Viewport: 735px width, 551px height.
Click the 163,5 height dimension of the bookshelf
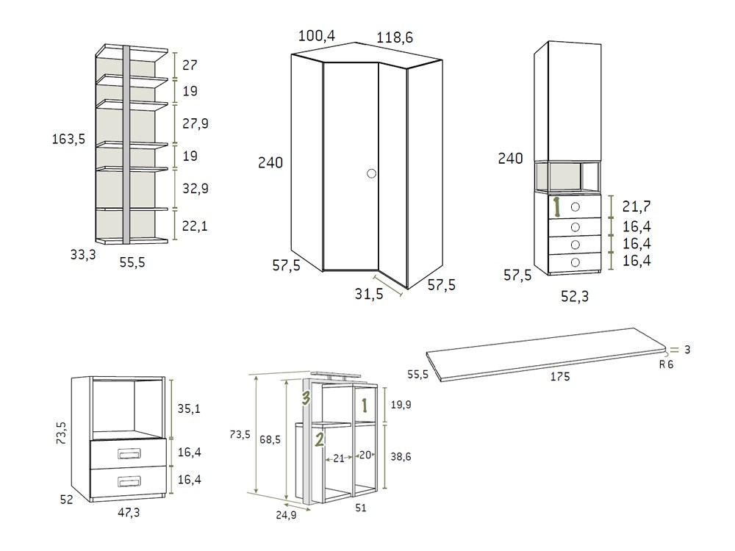point(68,138)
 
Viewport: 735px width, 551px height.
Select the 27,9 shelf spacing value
point(195,123)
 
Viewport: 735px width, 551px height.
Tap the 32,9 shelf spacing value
point(195,188)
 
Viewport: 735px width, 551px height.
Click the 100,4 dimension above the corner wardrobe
point(318,35)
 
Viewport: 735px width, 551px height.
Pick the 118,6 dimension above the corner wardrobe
point(395,37)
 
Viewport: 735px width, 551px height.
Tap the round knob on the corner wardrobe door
point(370,174)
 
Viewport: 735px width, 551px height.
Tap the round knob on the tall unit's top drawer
point(575,207)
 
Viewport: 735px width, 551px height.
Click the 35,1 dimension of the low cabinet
point(190,408)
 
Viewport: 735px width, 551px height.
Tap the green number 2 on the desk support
point(319,439)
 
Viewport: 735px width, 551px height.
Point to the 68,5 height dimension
point(272,439)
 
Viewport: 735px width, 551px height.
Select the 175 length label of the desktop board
point(559,376)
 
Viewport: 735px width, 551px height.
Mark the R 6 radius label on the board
point(666,364)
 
